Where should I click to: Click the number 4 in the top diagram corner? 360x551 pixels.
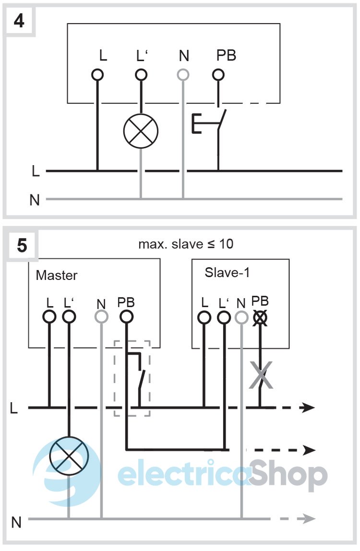pyautogui.click(x=19, y=22)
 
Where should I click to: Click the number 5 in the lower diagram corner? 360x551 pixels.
pyautogui.click(x=22, y=245)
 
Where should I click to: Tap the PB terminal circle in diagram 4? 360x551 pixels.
pyautogui.click(x=218, y=75)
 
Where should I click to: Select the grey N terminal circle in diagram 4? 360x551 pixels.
pyautogui.click(x=183, y=75)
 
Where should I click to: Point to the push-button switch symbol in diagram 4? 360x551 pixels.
pyautogui.click(x=209, y=123)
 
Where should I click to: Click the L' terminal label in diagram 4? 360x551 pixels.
pyautogui.click(x=141, y=57)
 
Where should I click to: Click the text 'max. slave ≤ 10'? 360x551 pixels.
pyautogui.click(x=186, y=244)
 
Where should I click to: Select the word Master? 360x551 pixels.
pyautogui.click(x=57, y=275)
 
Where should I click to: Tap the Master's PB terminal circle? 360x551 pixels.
pyautogui.click(x=126, y=317)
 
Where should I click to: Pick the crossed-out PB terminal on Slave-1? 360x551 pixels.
pyautogui.click(x=260, y=317)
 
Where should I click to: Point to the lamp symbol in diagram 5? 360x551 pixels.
pyautogui.click(x=69, y=455)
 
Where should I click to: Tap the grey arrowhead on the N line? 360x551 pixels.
pyautogui.click(x=309, y=519)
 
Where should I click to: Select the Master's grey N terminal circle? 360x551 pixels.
pyautogui.click(x=101, y=317)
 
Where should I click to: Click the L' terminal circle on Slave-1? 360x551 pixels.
pyautogui.click(x=223, y=317)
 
